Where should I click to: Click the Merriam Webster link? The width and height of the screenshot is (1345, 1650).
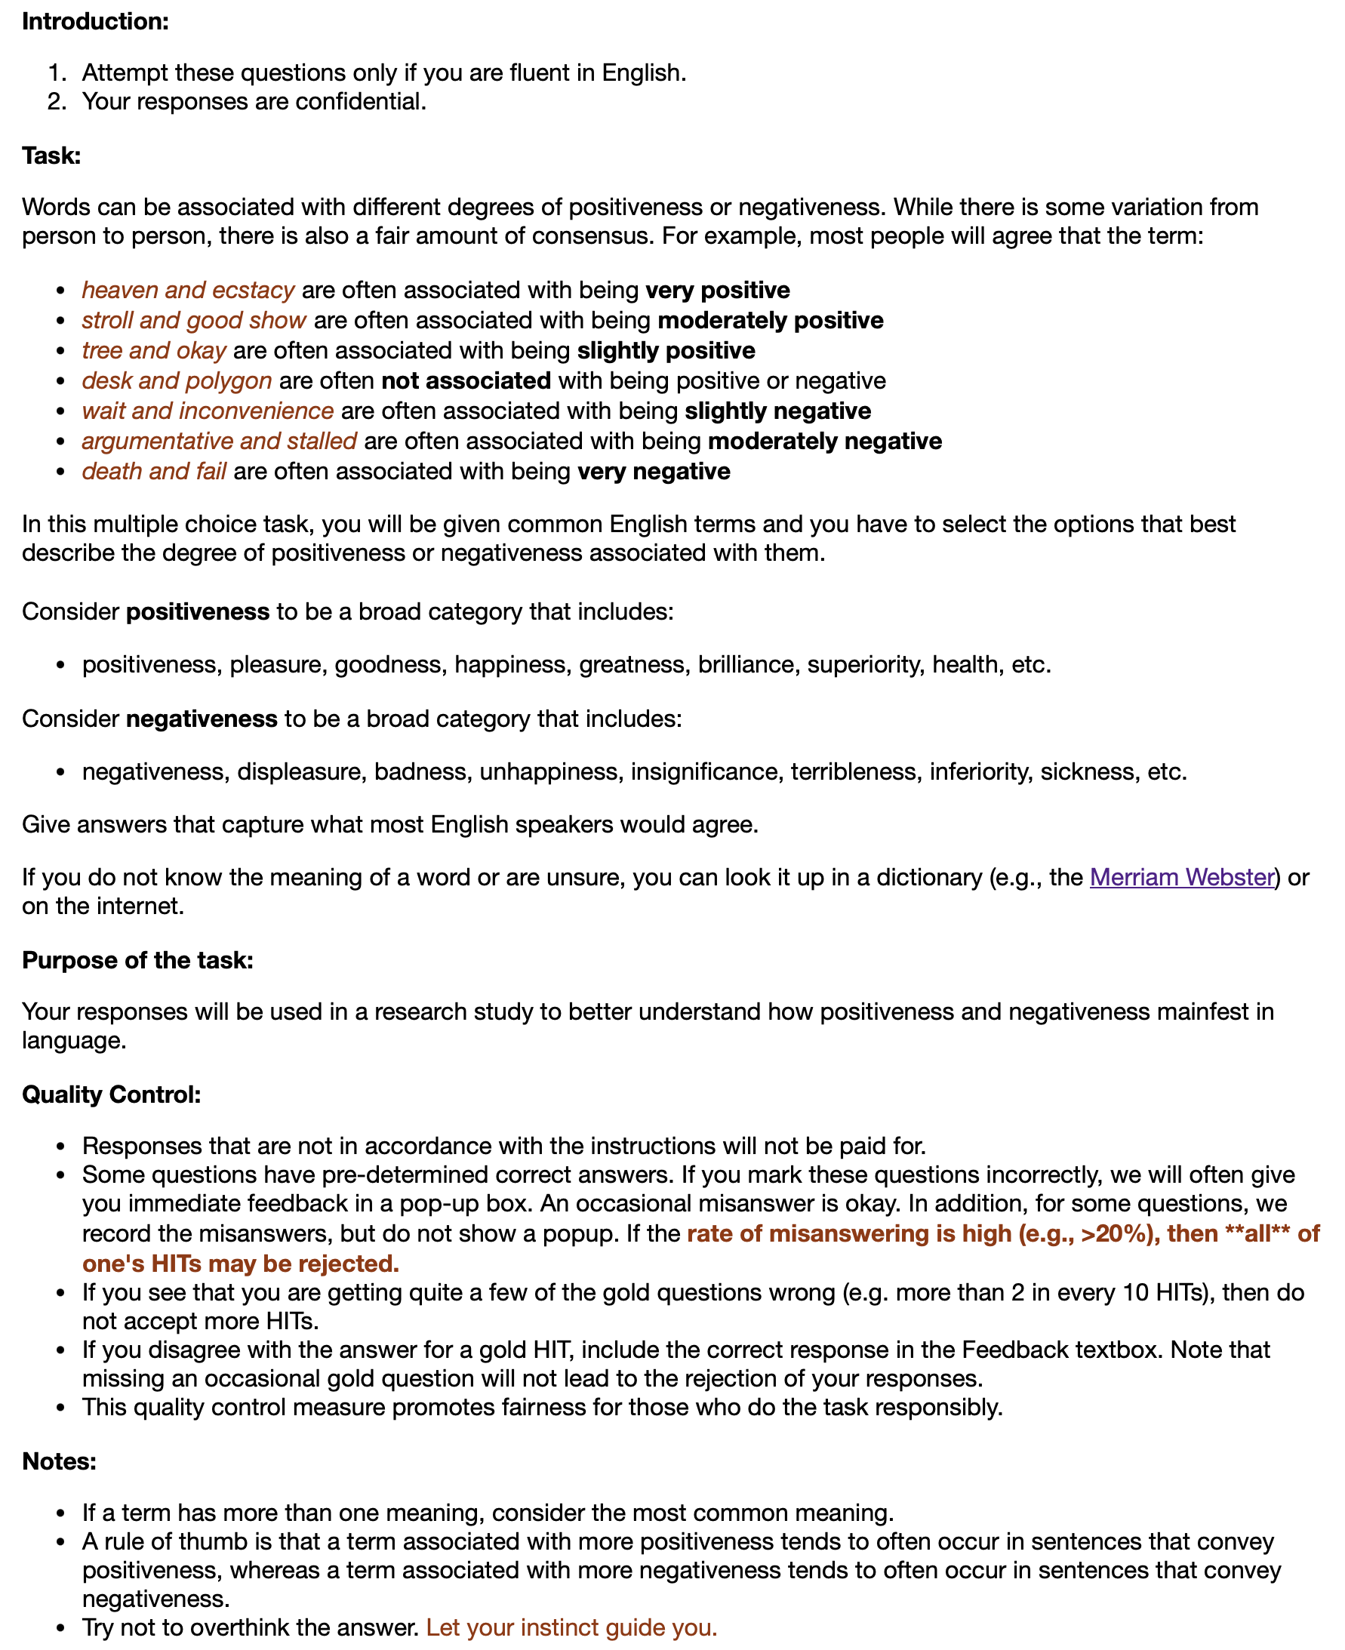click(1181, 877)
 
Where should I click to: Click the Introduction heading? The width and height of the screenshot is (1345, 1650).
click(95, 22)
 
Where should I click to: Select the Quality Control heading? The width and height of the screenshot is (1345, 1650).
click(112, 1094)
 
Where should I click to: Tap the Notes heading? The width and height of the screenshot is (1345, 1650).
click(59, 1461)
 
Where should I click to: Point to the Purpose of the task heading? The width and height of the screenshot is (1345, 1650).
click(138, 960)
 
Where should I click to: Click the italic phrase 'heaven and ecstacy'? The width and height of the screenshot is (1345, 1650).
click(188, 290)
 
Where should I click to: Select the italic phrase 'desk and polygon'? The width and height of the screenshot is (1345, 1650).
click(177, 380)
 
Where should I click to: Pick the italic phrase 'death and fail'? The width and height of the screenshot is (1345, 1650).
click(154, 471)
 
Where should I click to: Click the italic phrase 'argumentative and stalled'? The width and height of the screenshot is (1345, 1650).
click(219, 441)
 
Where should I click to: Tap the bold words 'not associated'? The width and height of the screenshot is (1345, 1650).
click(466, 380)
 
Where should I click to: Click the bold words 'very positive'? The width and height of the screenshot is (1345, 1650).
click(718, 290)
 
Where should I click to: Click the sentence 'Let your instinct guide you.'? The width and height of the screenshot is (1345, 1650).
click(572, 1627)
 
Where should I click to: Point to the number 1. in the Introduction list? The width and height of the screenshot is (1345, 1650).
click(57, 72)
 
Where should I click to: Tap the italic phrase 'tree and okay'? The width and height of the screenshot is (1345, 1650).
click(154, 350)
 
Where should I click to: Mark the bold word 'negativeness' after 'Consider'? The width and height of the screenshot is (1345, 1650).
click(202, 718)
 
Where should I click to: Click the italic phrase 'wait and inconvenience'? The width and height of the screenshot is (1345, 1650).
click(208, 411)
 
